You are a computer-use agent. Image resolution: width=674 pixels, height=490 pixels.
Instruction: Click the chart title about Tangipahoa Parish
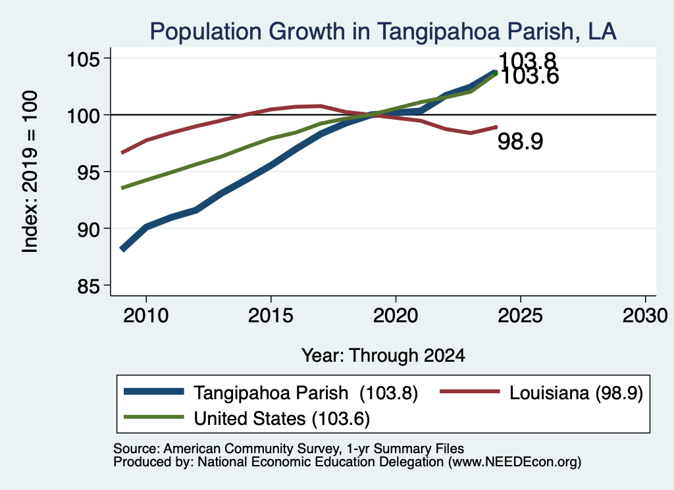pyautogui.click(x=383, y=32)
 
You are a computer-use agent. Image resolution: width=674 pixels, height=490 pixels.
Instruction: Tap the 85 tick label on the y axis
pyautogui.click(x=88, y=287)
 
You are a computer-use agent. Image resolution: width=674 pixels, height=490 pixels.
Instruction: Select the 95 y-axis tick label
pyautogui.click(x=88, y=172)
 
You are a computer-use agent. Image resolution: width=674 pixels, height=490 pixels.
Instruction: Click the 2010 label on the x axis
pyautogui.click(x=145, y=316)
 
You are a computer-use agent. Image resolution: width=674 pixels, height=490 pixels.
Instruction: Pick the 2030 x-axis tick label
pyautogui.click(x=645, y=316)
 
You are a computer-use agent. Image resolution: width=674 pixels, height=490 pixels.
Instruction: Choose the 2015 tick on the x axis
pyautogui.click(x=271, y=316)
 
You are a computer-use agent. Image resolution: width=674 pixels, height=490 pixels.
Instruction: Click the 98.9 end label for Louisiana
pyautogui.click(x=520, y=141)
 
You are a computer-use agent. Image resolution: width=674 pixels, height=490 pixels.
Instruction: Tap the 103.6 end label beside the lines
pyautogui.click(x=530, y=78)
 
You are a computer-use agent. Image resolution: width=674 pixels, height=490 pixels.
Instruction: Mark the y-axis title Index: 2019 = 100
pyautogui.click(x=30, y=172)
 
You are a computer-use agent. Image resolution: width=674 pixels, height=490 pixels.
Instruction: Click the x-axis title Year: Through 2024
pyautogui.click(x=383, y=356)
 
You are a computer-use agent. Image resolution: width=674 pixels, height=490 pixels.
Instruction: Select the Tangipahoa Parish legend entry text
pyautogui.click(x=305, y=393)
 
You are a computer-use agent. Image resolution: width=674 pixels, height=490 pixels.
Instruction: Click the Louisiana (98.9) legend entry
pyautogui.click(x=576, y=393)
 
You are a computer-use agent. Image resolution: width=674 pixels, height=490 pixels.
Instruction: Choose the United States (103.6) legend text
pyautogui.click(x=282, y=419)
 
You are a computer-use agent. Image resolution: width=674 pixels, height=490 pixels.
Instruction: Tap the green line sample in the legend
pyautogui.click(x=154, y=417)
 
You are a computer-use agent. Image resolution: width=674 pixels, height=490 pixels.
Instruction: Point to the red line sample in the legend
pyautogui.click(x=470, y=391)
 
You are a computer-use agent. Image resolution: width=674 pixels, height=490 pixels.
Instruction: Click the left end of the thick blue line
pyautogui.click(x=122, y=249)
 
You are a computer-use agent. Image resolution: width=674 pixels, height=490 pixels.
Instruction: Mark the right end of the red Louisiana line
pyautogui.click(x=496, y=127)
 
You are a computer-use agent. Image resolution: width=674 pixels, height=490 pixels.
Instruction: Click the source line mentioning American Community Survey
pyautogui.click(x=288, y=449)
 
